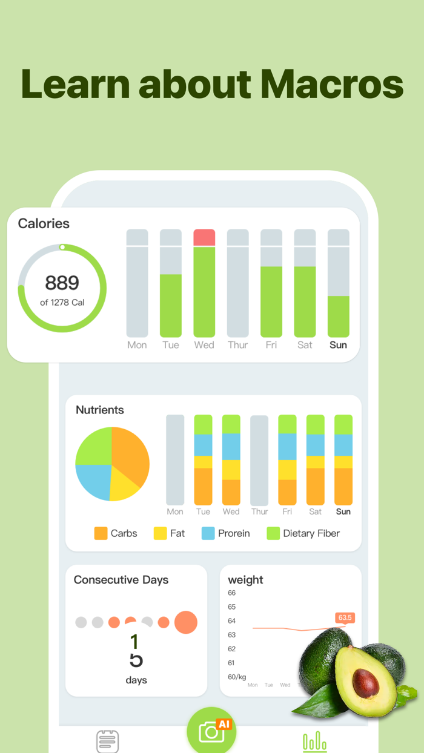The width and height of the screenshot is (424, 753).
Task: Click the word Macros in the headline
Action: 332,84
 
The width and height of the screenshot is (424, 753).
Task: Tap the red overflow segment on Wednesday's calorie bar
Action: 204,237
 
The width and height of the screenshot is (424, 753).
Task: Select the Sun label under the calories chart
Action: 338,345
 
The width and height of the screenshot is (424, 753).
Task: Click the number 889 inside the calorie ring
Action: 62,283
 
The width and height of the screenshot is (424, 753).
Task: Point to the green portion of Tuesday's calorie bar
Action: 171,306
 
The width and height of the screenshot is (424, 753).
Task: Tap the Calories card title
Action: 44,223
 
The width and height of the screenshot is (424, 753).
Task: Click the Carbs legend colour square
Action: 101,533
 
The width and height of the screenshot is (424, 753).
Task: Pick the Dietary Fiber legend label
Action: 311,533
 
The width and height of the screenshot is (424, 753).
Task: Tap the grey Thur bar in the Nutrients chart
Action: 259,460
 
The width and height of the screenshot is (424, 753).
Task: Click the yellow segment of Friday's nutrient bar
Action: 287,470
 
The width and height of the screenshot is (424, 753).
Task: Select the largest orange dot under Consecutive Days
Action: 186,622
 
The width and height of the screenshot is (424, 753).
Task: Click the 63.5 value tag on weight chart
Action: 345,618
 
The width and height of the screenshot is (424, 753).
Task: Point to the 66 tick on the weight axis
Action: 232,593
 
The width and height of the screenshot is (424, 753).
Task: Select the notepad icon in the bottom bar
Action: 107,741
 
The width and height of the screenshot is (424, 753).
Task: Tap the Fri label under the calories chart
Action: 271,345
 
